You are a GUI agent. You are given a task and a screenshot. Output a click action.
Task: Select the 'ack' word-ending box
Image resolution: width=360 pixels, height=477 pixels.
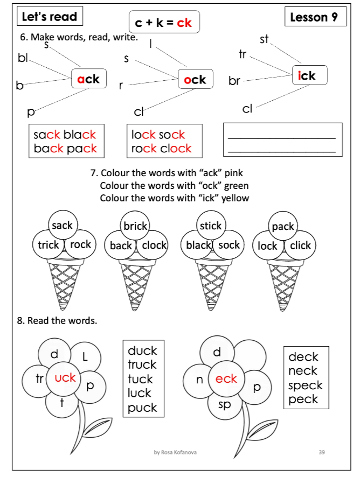88,79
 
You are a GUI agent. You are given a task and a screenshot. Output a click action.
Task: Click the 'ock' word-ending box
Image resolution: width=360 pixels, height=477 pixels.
195,80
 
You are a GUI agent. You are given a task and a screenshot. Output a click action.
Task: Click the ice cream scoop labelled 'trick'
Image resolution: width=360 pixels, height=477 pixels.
49,245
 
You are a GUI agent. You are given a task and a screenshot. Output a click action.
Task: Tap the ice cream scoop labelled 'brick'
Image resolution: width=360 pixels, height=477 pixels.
135,226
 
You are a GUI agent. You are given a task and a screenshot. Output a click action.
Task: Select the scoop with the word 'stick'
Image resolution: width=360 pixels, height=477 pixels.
210,226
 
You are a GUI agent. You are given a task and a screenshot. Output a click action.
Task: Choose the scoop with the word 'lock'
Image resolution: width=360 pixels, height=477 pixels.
268,246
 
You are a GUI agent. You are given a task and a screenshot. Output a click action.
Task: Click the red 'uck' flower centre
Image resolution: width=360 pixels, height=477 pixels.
65,377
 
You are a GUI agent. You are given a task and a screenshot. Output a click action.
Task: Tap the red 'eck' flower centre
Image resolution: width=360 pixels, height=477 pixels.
226,378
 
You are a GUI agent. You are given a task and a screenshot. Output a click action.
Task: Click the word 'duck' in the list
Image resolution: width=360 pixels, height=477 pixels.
142,351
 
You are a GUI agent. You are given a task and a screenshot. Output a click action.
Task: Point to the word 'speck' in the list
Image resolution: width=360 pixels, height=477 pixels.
305,385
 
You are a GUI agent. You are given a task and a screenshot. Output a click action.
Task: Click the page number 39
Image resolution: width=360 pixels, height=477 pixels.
322,452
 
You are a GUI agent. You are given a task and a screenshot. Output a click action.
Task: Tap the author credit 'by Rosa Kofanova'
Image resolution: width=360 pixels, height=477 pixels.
175,452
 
